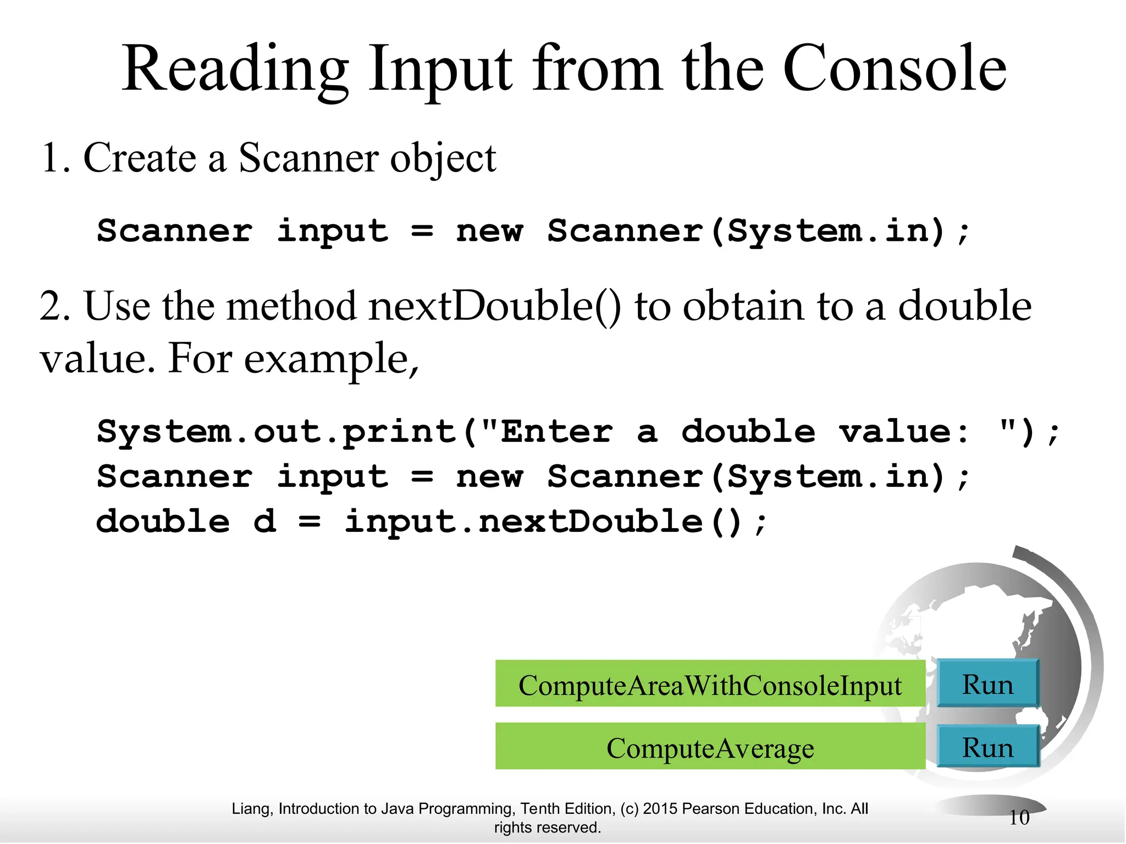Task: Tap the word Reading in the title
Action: [235, 70]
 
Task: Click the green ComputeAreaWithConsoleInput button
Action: [710, 685]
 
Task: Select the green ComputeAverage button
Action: [710, 748]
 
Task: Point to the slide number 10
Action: [1019, 818]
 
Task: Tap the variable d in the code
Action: [264, 521]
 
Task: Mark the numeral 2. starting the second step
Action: [55, 306]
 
